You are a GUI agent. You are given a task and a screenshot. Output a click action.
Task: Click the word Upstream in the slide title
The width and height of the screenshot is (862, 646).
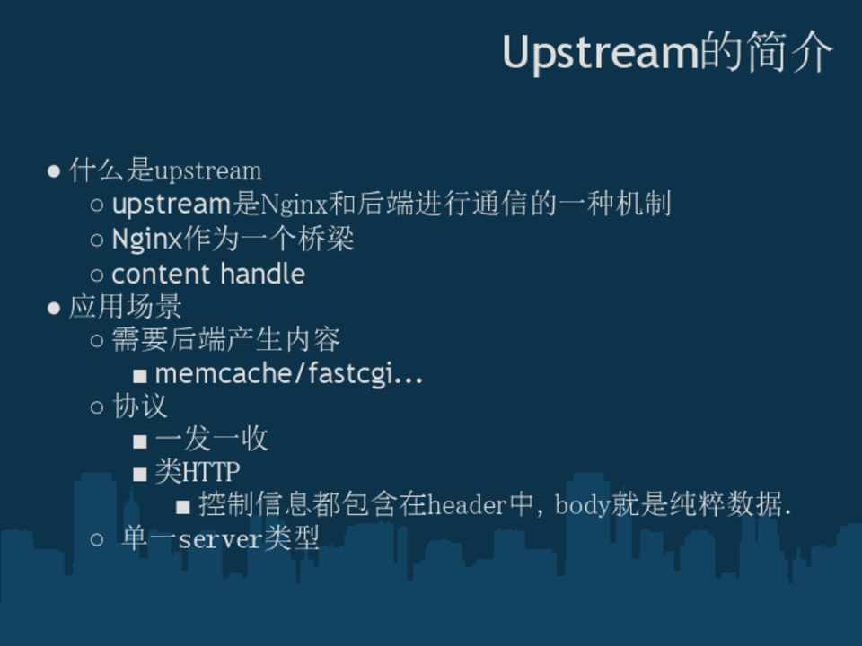[601, 53]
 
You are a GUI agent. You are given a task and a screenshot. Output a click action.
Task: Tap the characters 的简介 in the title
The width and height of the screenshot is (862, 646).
[766, 52]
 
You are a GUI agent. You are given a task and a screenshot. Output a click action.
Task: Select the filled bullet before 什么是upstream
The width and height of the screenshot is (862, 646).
[53, 170]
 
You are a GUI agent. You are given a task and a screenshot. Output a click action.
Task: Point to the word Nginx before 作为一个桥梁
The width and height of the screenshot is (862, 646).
[146, 239]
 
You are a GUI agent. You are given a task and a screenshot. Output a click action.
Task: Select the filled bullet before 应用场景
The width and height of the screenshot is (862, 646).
[53, 308]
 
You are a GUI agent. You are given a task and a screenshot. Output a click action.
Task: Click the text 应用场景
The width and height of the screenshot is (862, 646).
[126, 307]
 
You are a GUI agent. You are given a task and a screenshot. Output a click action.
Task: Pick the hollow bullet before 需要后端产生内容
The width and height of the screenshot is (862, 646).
[97, 341]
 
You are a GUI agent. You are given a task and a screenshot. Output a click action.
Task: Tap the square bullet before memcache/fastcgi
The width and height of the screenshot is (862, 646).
[140, 376]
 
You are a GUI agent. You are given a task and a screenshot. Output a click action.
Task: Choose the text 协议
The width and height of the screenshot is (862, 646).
[139, 406]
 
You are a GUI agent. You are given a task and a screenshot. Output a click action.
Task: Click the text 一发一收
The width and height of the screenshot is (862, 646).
[212, 439]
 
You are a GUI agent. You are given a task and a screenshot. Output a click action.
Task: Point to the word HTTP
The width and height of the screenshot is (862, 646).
[211, 472]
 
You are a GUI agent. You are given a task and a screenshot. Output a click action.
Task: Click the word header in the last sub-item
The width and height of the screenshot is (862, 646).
[467, 505]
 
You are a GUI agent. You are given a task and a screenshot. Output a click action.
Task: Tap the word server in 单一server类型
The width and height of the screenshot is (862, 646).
[220, 539]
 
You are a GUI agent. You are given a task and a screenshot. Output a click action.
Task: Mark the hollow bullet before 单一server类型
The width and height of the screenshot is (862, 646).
[97, 539]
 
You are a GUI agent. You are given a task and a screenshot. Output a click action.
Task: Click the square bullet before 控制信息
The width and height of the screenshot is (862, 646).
[183, 506]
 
